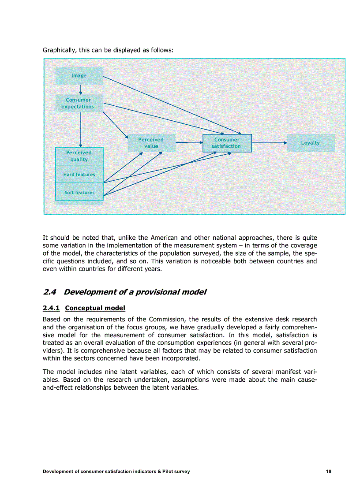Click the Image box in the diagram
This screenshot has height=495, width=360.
tap(79, 76)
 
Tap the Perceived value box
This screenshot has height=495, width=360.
tap(151, 143)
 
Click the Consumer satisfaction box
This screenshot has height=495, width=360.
tap(227, 143)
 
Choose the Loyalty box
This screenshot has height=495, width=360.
tap(311, 143)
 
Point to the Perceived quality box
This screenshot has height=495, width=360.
tap(79, 156)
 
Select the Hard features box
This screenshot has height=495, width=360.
tap(79, 175)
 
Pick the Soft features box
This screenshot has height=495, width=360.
tap(79, 193)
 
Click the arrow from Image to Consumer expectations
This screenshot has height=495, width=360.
tap(81, 89)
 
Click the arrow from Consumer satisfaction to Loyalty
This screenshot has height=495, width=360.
tap(269, 143)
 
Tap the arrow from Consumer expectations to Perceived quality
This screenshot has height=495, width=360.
tap(81, 130)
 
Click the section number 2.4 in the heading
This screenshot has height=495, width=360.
tap(49, 292)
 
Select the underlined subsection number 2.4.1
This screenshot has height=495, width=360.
tap(51, 308)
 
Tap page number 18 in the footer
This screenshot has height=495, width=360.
tap(329, 472)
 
